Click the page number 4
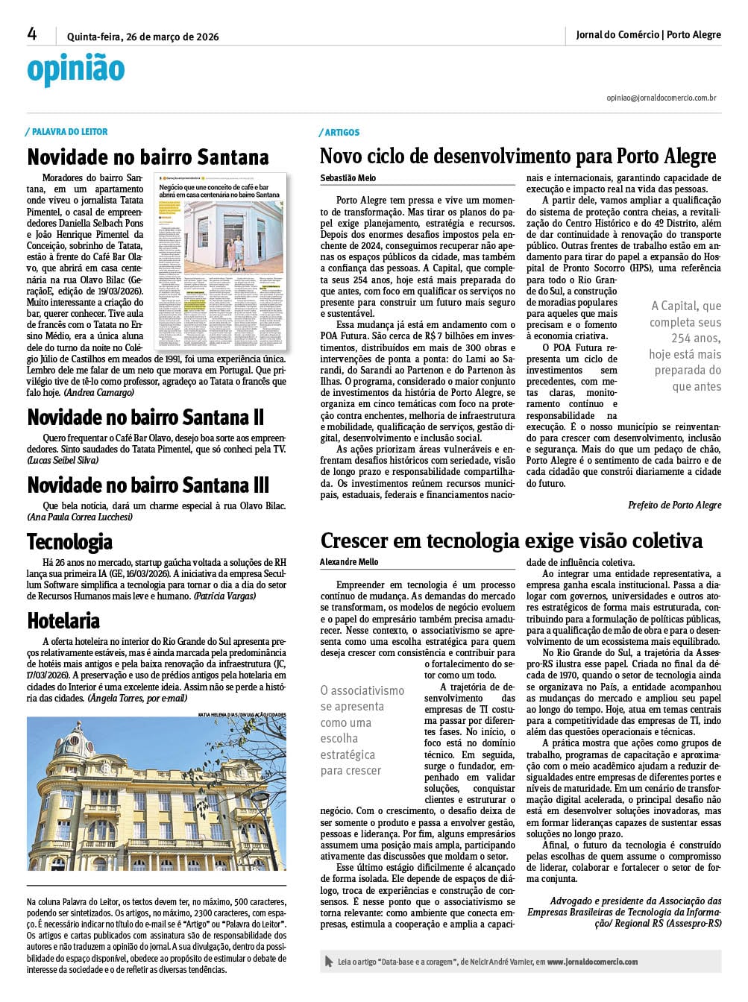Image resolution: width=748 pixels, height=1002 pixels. [x=32, y=34]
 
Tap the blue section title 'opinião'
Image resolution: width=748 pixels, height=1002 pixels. [x=75, y=69]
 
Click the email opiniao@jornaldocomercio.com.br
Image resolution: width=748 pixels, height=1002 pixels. [x=661, y=98]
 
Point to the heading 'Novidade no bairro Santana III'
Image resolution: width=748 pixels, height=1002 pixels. [x=148, y=485]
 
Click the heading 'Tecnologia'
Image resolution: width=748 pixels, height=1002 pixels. [x=69, y=542]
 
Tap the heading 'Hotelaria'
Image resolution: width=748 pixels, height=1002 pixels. [x=63, y=621]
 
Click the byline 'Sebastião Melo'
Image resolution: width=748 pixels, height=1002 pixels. [x=348, y=178]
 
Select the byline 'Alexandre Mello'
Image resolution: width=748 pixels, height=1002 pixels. [x=349, y=562]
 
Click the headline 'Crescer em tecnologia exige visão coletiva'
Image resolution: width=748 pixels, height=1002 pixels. [x=512, y=541]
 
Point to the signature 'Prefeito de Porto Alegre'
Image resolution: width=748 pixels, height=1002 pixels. [x=674, y=505]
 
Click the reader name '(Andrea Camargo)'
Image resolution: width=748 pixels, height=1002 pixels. [x=99, y=392]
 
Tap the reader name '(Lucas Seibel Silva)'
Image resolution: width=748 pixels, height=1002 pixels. [x=63, y=460]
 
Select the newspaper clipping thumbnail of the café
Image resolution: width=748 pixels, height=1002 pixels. [x=219, y=262]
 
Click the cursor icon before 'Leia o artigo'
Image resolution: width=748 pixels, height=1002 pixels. [x=329, y=962]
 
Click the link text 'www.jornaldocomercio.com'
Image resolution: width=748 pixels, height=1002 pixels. [x=592, y=962]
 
